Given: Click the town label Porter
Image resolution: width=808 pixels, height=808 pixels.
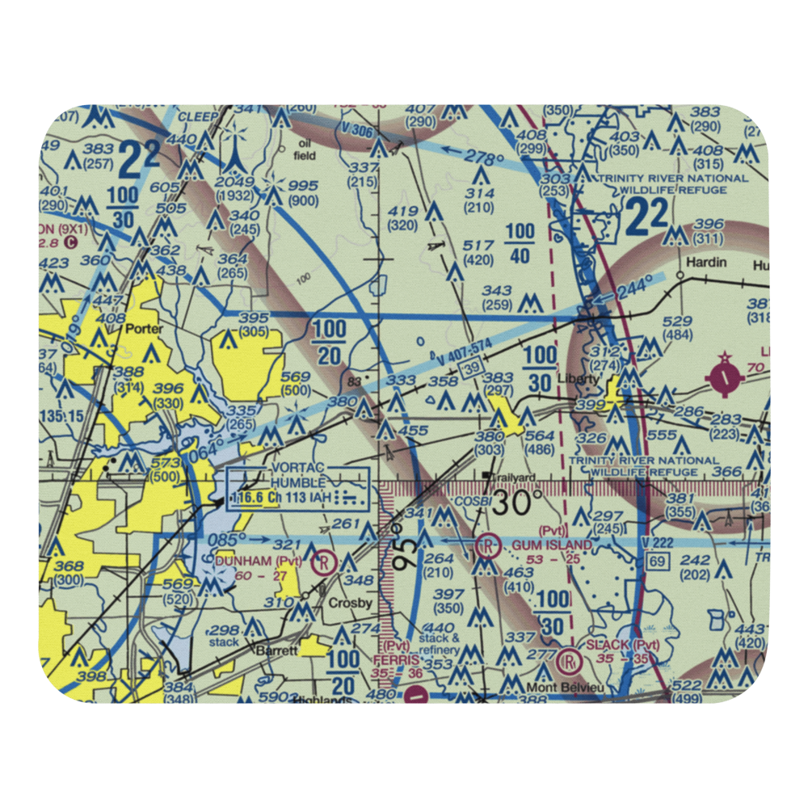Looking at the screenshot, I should pos(145,330).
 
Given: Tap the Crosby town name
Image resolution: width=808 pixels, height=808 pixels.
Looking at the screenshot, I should pos(349,604).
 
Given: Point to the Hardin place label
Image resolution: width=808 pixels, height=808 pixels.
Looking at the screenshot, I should pos(705,263).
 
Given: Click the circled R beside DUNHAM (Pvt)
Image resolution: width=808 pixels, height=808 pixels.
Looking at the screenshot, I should pos(324,559).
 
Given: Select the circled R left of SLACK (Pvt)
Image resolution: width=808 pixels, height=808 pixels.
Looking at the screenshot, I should pos(570,661).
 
